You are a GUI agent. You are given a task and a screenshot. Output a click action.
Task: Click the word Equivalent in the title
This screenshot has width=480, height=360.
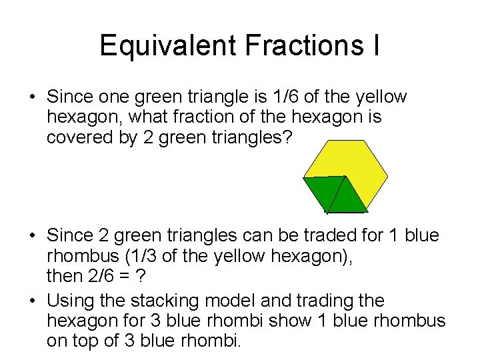point(167,46)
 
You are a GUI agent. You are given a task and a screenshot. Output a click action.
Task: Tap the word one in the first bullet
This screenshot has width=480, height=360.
point(111,97)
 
